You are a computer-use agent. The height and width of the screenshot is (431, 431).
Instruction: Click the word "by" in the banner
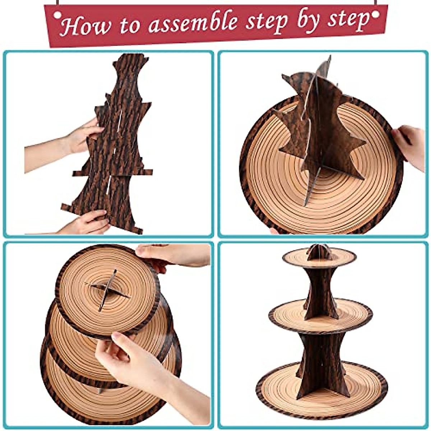click(310, 21)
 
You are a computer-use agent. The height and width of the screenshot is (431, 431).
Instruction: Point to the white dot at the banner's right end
click(375, 14)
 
